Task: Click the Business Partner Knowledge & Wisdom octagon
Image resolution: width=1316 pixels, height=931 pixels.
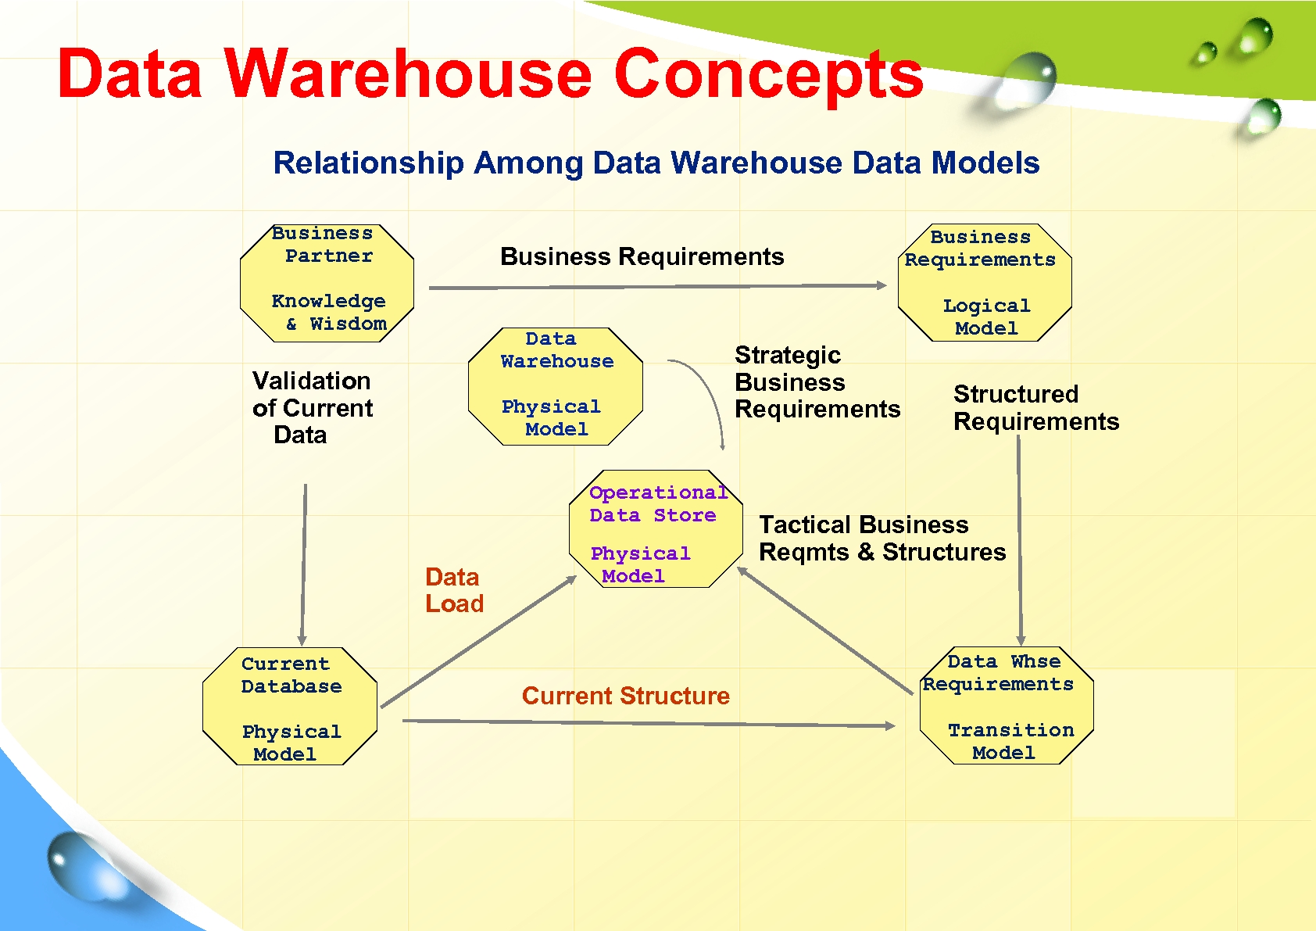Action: tap(327, 283)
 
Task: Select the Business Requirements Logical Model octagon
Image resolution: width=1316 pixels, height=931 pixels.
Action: tap(985, 283)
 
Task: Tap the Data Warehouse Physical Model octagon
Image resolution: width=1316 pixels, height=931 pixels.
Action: tap(556, 386)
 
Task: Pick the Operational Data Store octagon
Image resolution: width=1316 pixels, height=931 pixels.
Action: tap(656, 529)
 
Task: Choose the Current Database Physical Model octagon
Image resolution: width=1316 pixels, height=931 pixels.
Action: tap(290, 707)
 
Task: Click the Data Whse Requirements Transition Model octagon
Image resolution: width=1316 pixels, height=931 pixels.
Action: tap(1007, 706)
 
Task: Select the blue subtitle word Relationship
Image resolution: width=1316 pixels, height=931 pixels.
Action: tap(368, 163)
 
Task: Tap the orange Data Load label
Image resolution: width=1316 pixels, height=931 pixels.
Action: tap(454, 590)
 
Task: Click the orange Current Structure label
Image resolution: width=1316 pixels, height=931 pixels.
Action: tap(625, 696)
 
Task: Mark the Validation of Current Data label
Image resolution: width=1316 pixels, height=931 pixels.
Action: tap(312, 407)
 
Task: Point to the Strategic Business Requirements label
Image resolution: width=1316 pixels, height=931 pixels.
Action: tap(817, 382)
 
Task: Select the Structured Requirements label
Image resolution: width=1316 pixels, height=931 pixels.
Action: tap(1035, 407)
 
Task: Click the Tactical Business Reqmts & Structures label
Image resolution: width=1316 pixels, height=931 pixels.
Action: tap(882, 538)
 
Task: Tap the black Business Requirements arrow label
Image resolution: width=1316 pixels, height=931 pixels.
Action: tap(642, 256)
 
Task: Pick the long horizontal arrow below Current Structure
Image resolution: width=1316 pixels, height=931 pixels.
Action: tap(649, 723)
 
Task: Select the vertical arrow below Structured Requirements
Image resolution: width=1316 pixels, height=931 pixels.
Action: tap(1019, 539)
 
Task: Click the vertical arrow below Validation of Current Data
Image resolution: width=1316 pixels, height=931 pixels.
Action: tap(304, 563)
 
